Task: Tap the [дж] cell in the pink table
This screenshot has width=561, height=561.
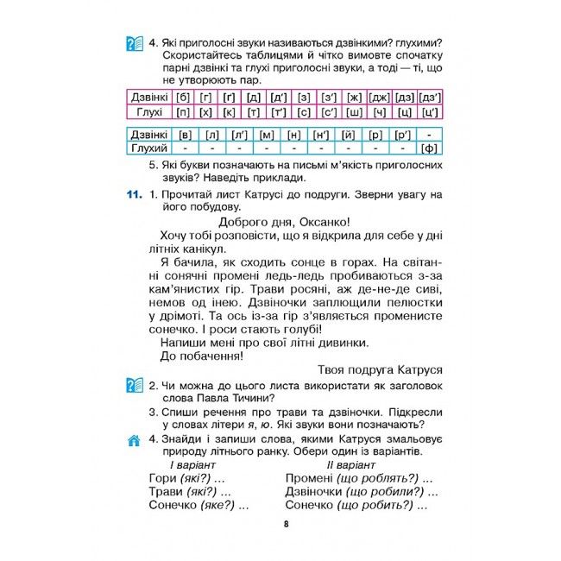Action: pyautogui.click(x=380, y=97)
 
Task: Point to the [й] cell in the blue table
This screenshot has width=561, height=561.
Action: pyautogui.click(x=349, y=135)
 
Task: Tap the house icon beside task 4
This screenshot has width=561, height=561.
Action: pyautogui.click(x=133, y=441)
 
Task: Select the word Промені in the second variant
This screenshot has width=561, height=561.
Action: pyautogui.click(x=309, y=478)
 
